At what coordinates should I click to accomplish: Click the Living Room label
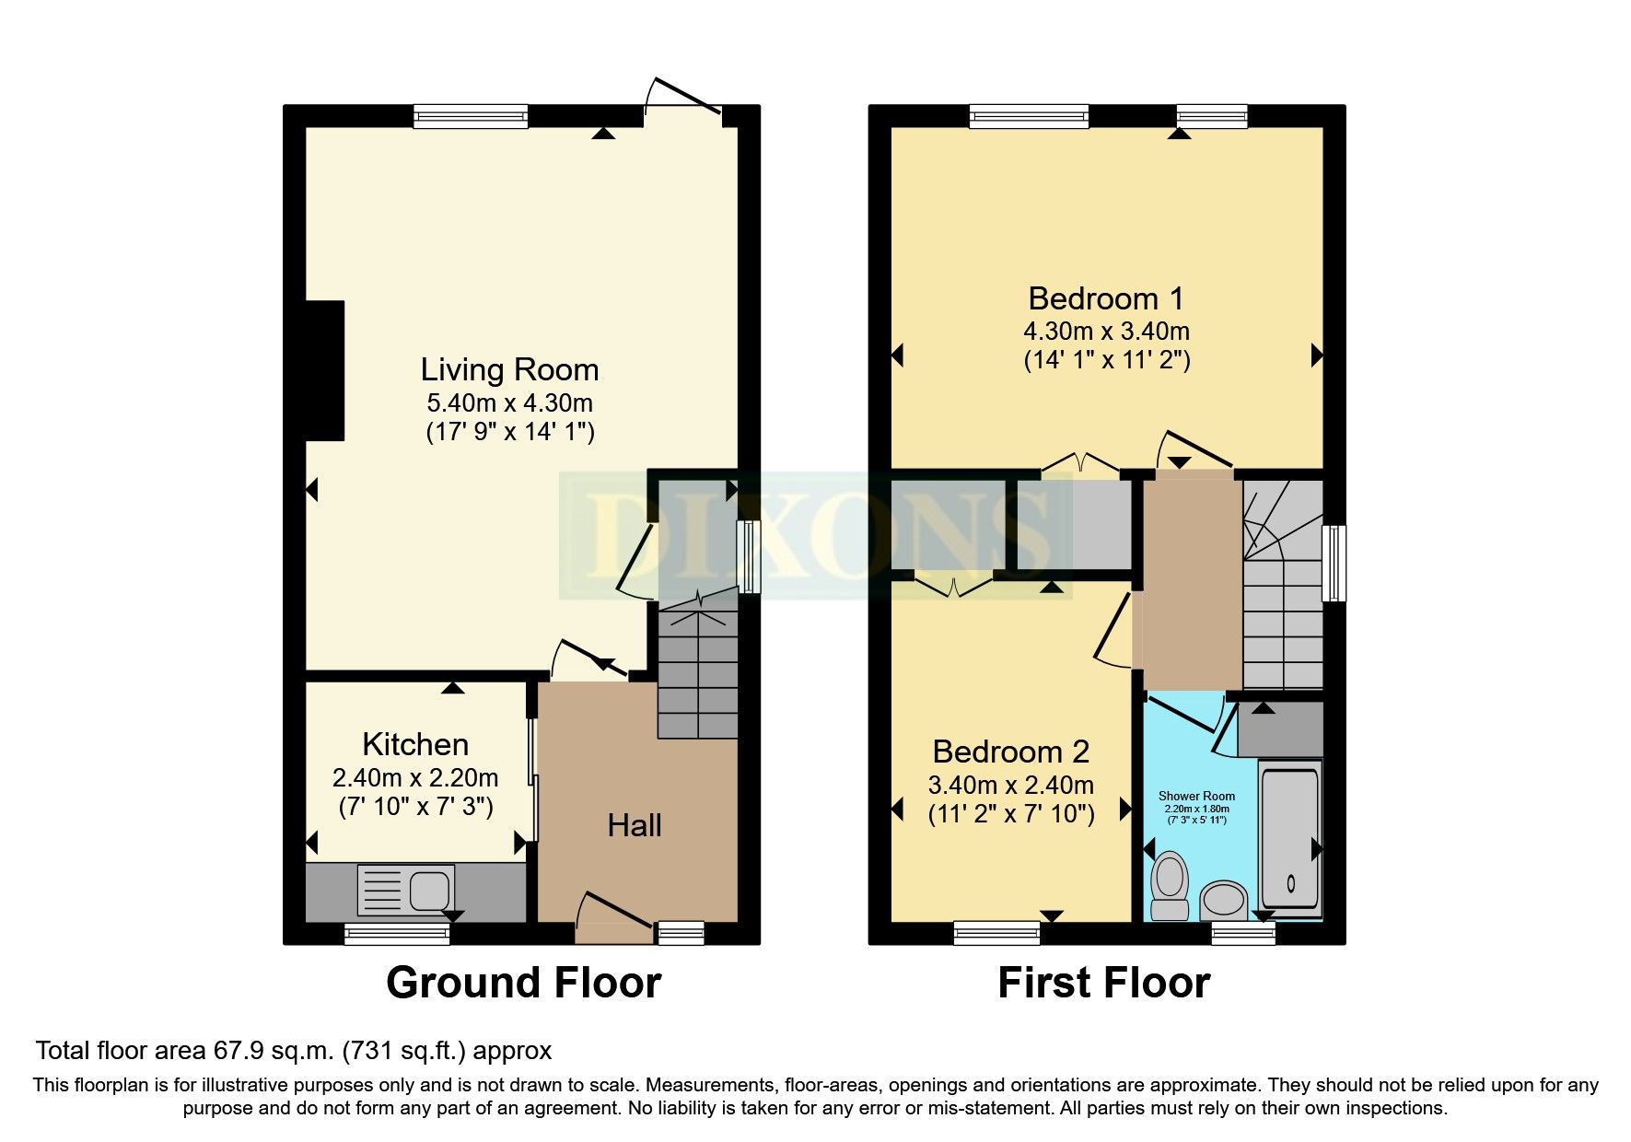click(509, 370)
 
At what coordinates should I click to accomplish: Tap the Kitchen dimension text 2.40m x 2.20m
click(415, 778)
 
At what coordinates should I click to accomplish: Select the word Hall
click(634, 825)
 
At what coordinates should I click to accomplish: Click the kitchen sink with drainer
click(405, 890)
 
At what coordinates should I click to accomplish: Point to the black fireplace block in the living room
click(324, 370)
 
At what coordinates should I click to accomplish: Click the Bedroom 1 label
click(1105, 298)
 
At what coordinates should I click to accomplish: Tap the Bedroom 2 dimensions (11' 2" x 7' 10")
click(1010, 814)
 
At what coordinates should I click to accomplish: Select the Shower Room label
click(1196, 796)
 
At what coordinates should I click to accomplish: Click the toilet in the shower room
click(1170, 885)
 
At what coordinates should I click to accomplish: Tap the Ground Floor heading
click(523, 983)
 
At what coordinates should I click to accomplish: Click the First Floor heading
click(1103, 983)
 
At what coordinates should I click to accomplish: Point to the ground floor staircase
click(697, 672)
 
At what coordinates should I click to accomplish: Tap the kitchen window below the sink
click(397, 935)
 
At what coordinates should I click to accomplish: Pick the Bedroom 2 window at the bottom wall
click(996, 933)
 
